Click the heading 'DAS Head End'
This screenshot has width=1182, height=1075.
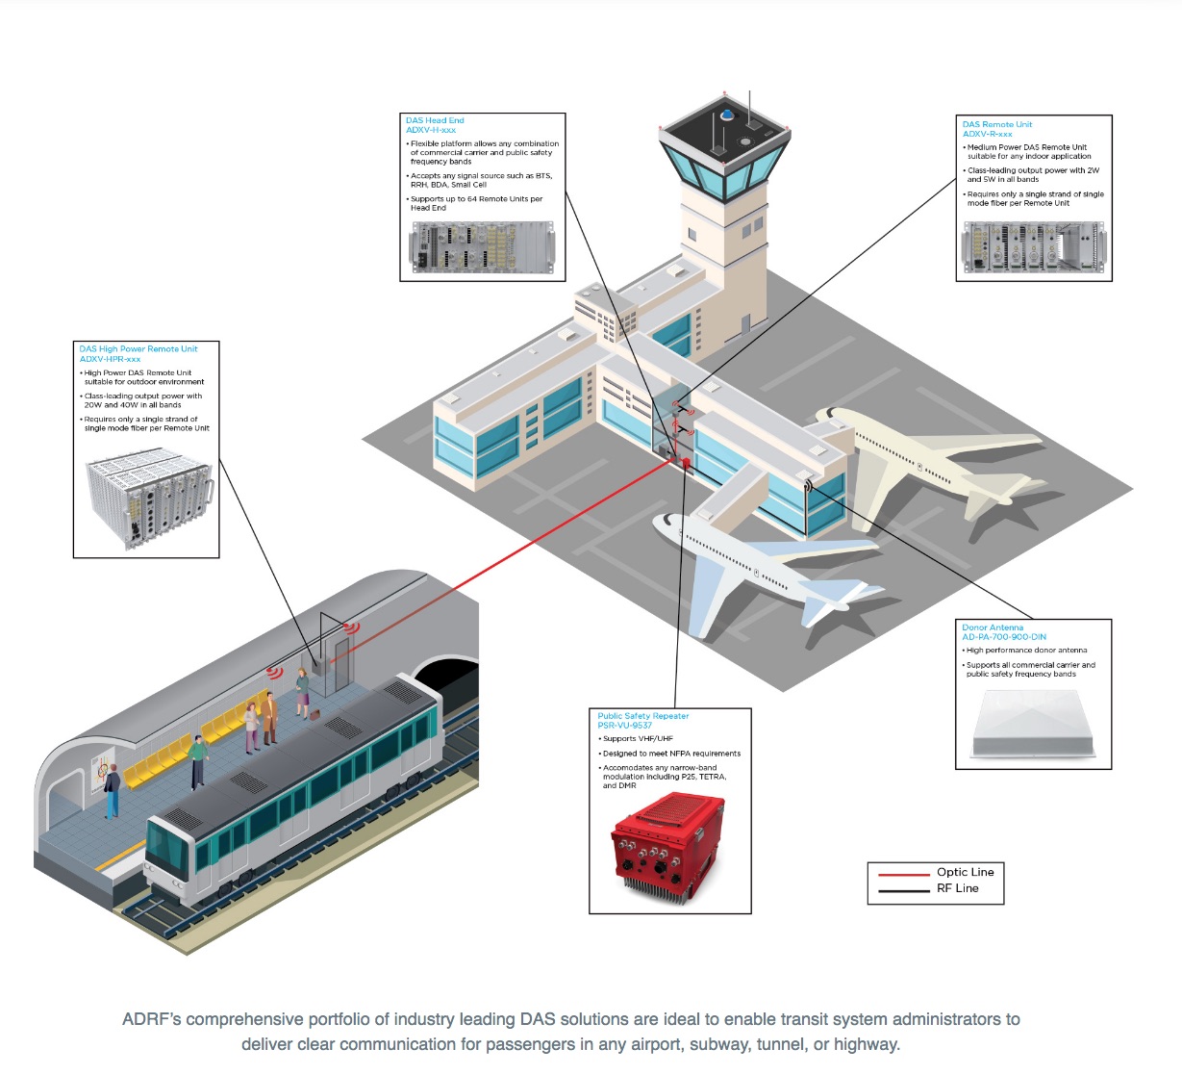coord(435,120)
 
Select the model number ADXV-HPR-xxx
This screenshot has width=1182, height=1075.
coord(110,359)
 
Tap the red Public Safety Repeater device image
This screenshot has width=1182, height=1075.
coord(668,844)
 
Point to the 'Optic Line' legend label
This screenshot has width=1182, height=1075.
coord(965,872)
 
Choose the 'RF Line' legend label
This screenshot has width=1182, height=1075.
coord(957,888)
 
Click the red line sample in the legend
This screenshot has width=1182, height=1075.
coord(903,874)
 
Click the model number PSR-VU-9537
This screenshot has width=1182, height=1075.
coord(625,726)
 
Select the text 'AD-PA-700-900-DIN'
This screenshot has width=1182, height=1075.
coord(1004,637)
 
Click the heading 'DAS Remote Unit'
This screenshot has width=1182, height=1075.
coord(997,124)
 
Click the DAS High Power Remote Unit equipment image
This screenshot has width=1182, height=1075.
coord(149,499)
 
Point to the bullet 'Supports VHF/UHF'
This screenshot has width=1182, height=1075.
coord(640,739)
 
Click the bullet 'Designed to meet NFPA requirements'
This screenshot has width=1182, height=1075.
coord(671,754)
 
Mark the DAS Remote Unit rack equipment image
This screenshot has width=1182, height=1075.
coord(1033,247)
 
